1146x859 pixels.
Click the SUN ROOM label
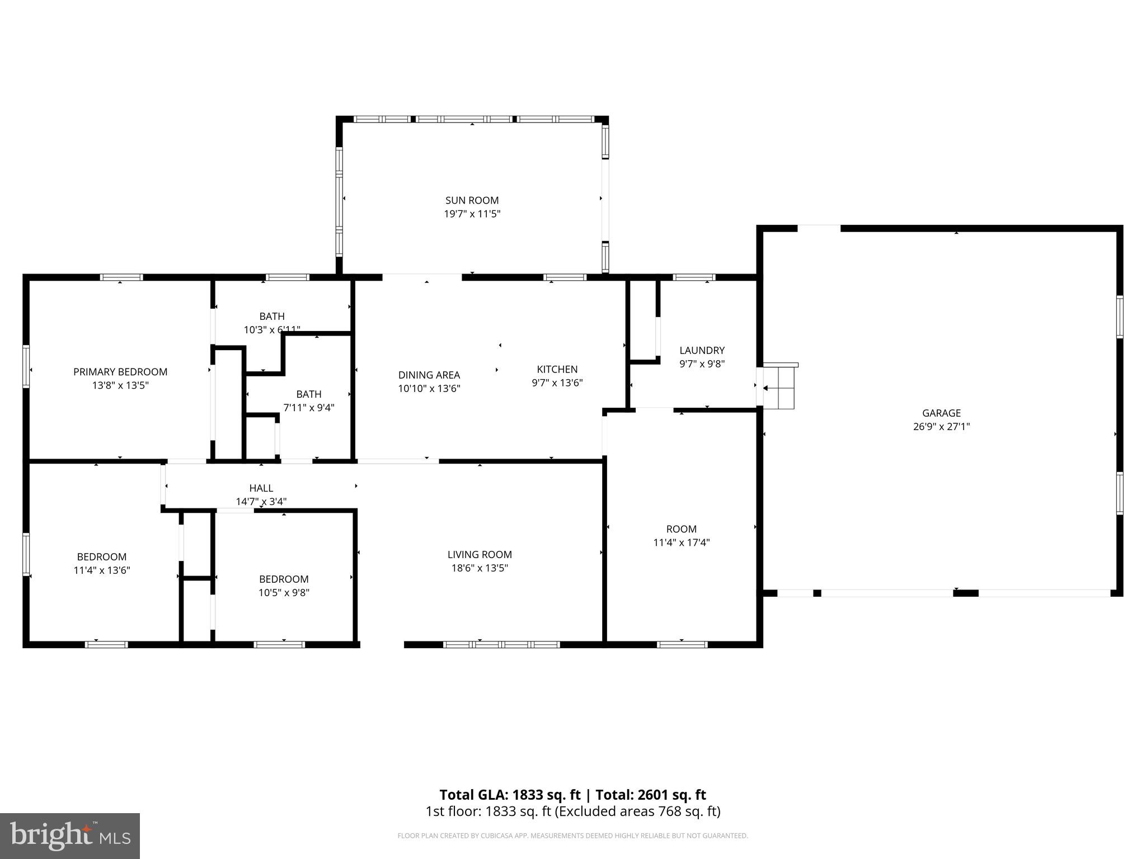click(472, 200)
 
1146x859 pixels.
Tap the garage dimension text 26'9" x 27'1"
click(941, 427)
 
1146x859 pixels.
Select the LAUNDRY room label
click(702, 351)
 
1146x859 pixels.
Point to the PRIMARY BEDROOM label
click(120, 372)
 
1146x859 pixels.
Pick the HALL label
click(261, 488)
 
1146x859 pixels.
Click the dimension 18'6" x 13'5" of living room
click(480, 568)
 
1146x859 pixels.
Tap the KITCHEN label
click(557, 369)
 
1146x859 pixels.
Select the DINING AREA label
click(429, 375)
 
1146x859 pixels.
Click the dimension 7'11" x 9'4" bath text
click(309, 408)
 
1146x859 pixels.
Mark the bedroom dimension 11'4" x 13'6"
click(102, 570)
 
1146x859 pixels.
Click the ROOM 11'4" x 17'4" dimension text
click(681, 542)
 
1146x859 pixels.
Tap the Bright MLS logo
click(70, 836)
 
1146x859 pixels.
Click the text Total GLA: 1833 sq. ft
click(510, 795)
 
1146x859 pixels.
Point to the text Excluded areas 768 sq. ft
click(637, 811)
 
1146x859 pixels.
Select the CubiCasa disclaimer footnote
click(572, 836)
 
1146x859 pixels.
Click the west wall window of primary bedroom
click(26, 366)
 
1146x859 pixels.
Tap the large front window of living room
click(501, 644)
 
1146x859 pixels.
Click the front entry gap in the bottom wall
click(382, 644)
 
